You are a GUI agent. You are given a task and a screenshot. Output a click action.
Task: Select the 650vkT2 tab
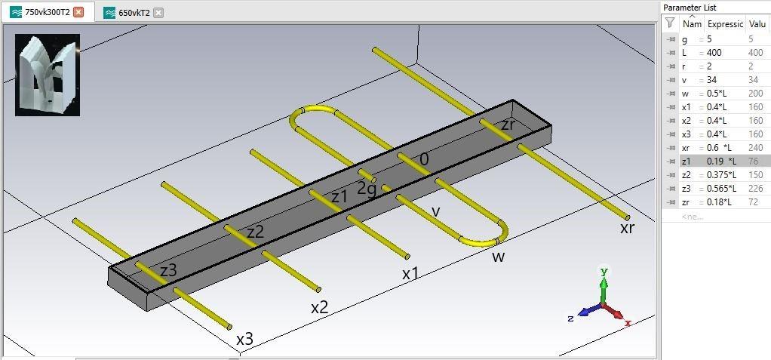[x=134, y=14]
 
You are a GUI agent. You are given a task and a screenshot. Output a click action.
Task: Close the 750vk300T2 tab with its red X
[x=78, y=13]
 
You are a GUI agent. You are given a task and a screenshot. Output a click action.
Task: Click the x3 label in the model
[x=245, y=340]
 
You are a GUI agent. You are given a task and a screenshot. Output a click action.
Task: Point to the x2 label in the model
[x=320, y=308]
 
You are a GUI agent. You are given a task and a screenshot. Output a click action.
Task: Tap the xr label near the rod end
[x=627, y=228]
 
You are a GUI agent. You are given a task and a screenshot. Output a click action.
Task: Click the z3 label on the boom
[x=169, y=270]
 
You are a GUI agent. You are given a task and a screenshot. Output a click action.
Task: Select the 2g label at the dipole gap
[x=367, y=189]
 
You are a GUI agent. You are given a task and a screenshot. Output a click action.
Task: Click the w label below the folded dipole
[x=499, y=257]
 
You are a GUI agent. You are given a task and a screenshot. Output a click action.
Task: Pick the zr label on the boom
[x=508, y=125]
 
